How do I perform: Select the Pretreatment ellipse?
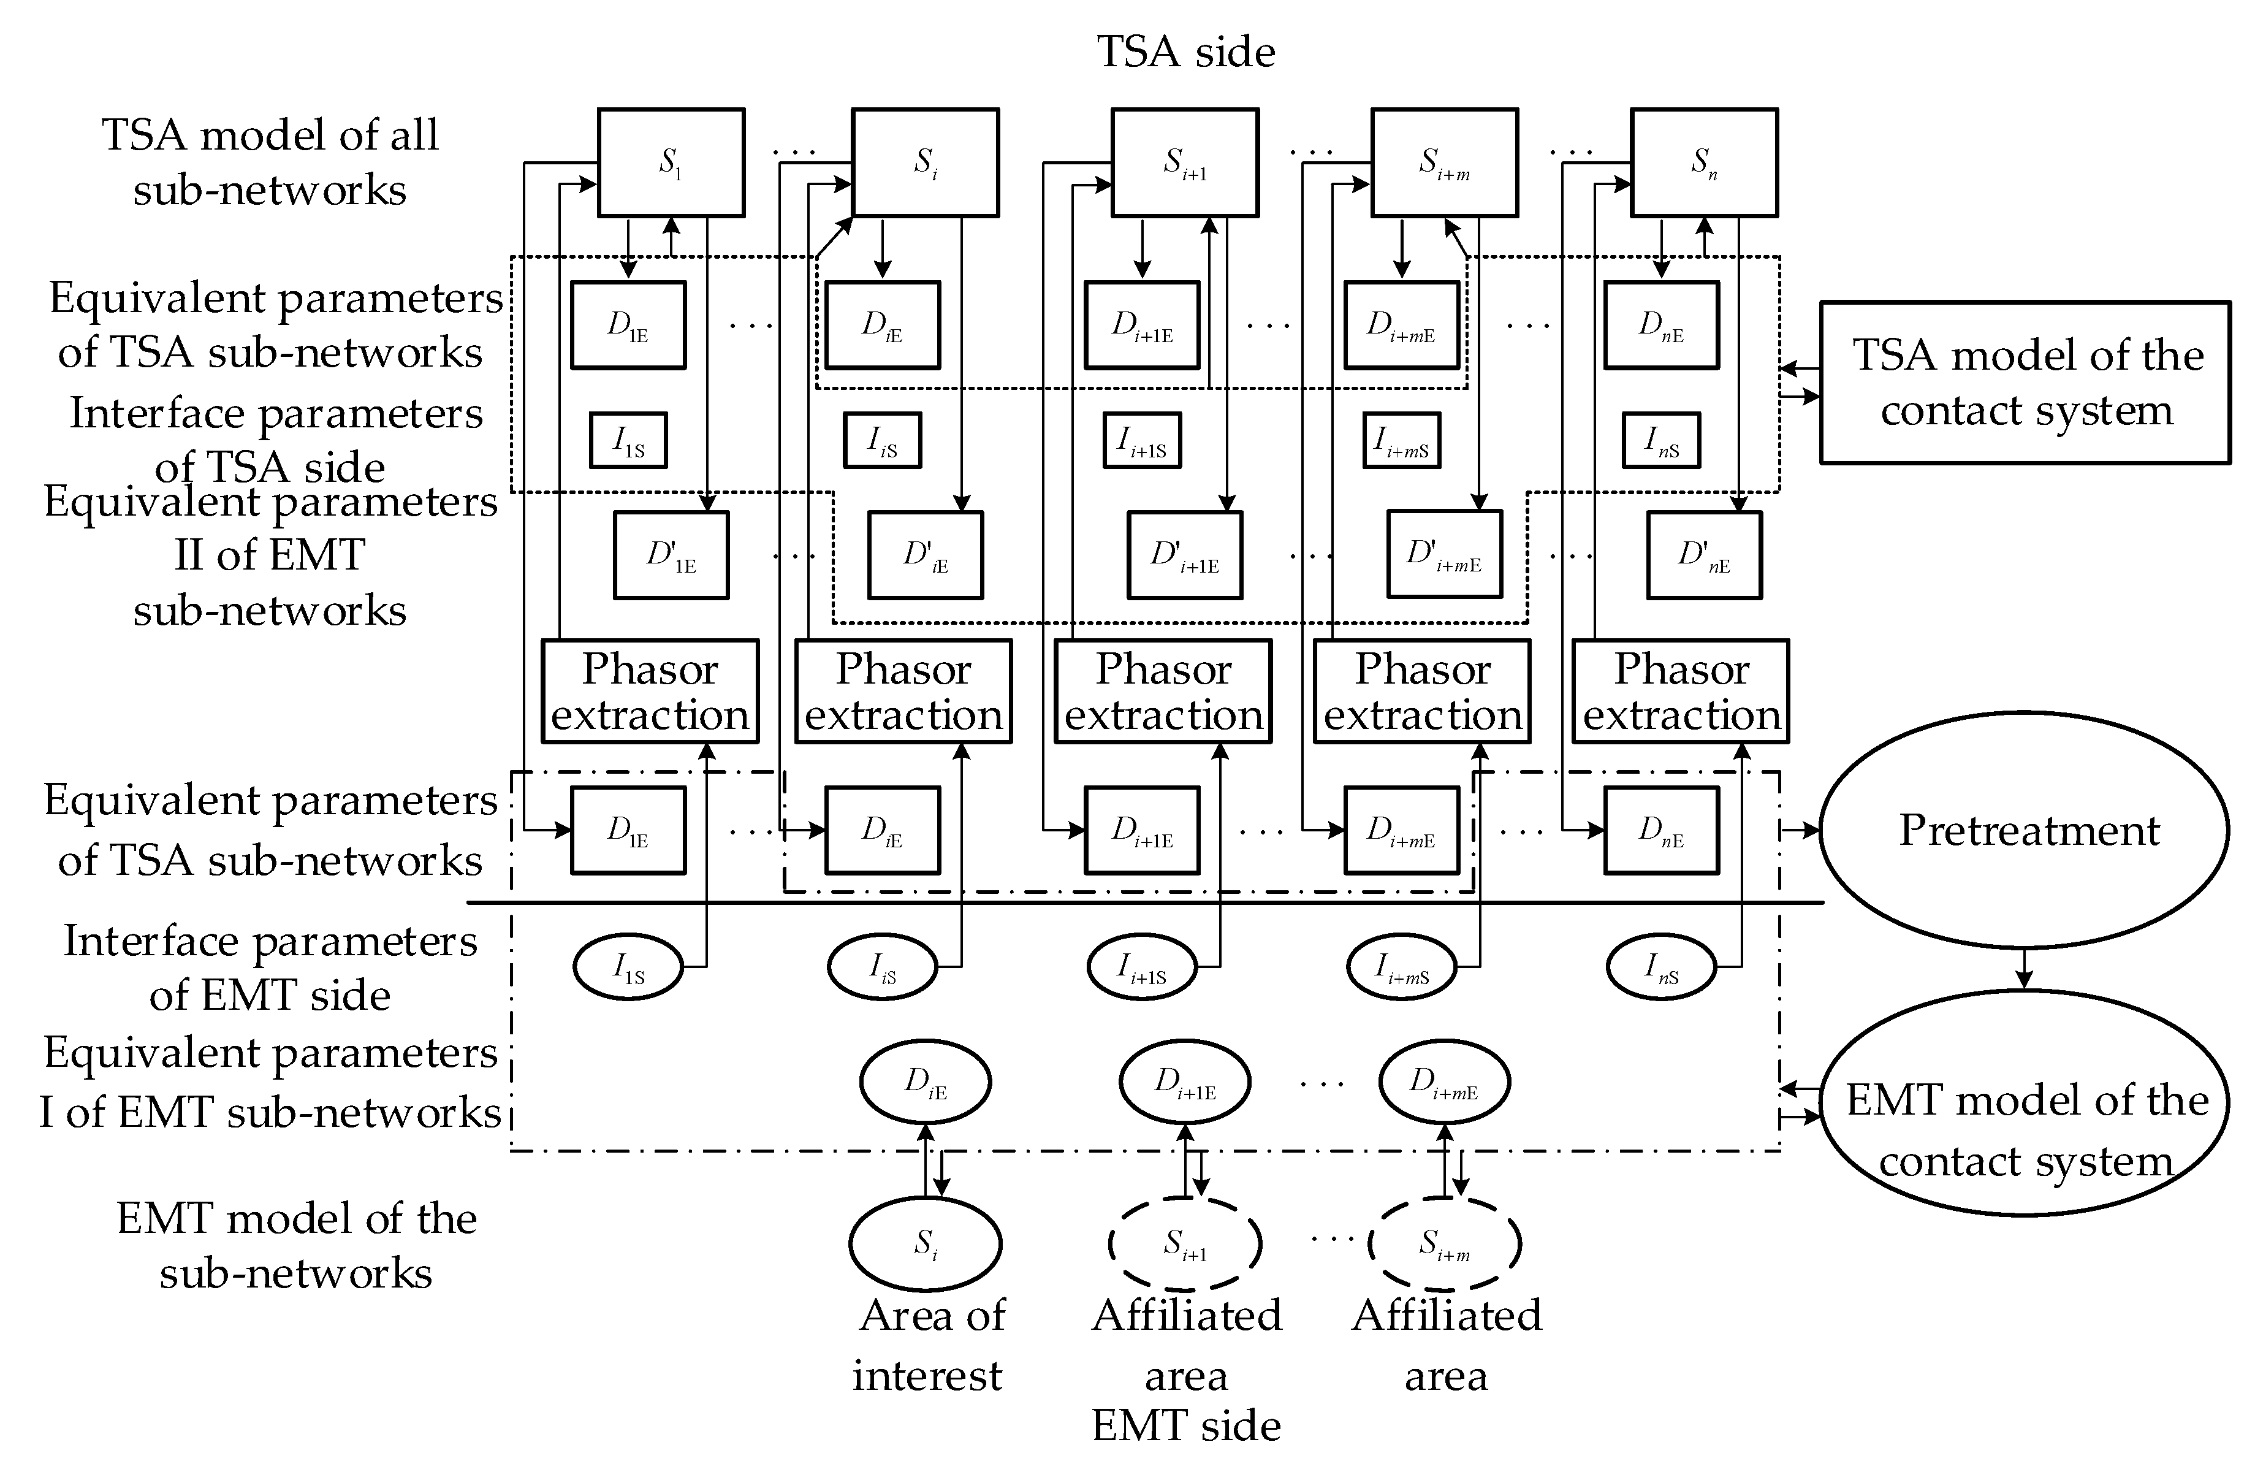tap(2025, 830)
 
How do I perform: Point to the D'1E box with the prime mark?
tap(671, 555)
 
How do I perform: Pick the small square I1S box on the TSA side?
tap(628, 440)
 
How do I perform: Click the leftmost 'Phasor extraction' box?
tap(650, 691)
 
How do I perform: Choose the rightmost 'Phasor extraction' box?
tap(1680, 691)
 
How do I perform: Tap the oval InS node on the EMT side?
tap(1661, 967)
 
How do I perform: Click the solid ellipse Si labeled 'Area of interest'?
tap(925, 1243)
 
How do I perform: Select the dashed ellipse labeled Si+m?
tap(1444, 1243)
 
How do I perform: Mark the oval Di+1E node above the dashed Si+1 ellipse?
tap(1184, 1082)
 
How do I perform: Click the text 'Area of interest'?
tap(929, 1344)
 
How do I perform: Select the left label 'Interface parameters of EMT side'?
tap(270, 967)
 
